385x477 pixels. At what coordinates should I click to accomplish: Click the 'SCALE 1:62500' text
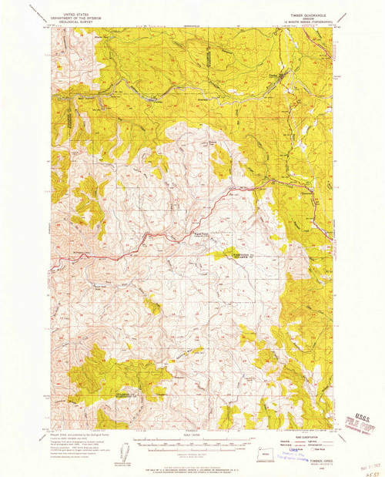(x=192, y=436)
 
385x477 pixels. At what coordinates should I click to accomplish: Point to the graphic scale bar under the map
(x=192, y=444)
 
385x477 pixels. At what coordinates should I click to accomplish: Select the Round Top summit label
(x=198, y=234)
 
